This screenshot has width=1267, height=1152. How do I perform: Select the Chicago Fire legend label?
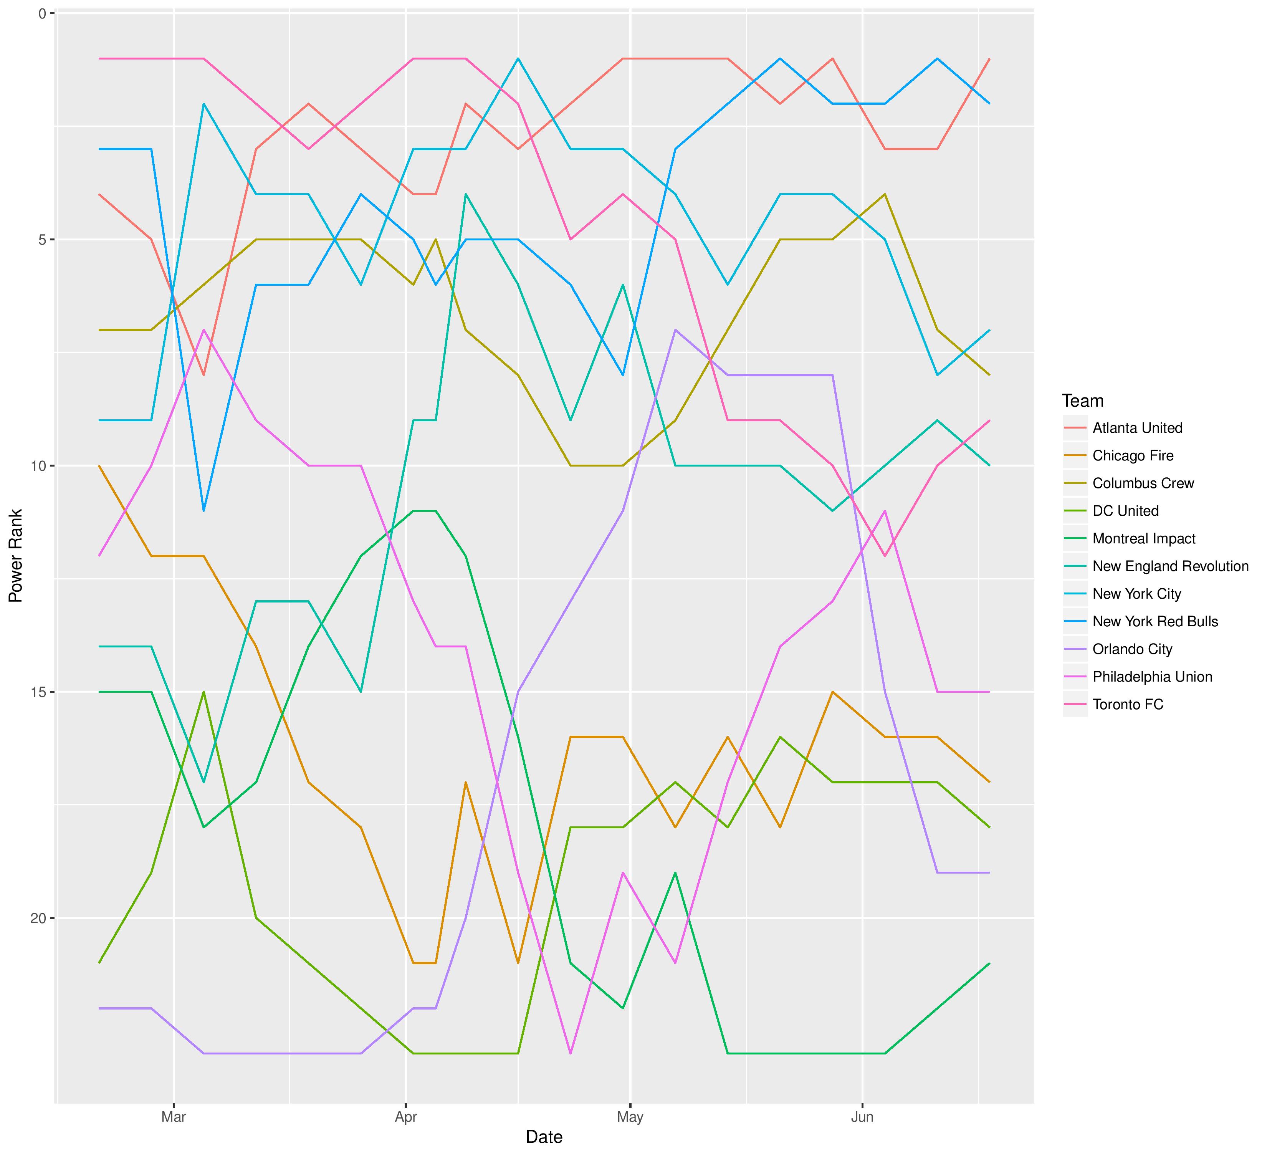tap(1133, 456)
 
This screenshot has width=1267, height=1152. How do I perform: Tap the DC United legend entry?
tap(1125, 511)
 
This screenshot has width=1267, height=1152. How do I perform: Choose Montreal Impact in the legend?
tap(1144, 539)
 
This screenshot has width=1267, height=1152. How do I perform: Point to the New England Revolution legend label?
tap(1170, 566)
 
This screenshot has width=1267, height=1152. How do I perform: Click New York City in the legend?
tap(1136, 594)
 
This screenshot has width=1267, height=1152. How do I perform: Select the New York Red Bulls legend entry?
tap(1155, 622)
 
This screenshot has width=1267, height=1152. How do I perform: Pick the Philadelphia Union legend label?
tap(1152, 677)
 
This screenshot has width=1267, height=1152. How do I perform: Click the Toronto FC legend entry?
tap(1128, 705)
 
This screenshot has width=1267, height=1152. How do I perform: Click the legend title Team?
tap(1082, 401)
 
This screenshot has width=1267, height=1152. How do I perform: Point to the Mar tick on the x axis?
tap(174, 1117)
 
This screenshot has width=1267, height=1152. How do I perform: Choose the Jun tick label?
tap(862, 1117)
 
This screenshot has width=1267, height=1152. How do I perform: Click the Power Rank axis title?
tap(16, 556)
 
